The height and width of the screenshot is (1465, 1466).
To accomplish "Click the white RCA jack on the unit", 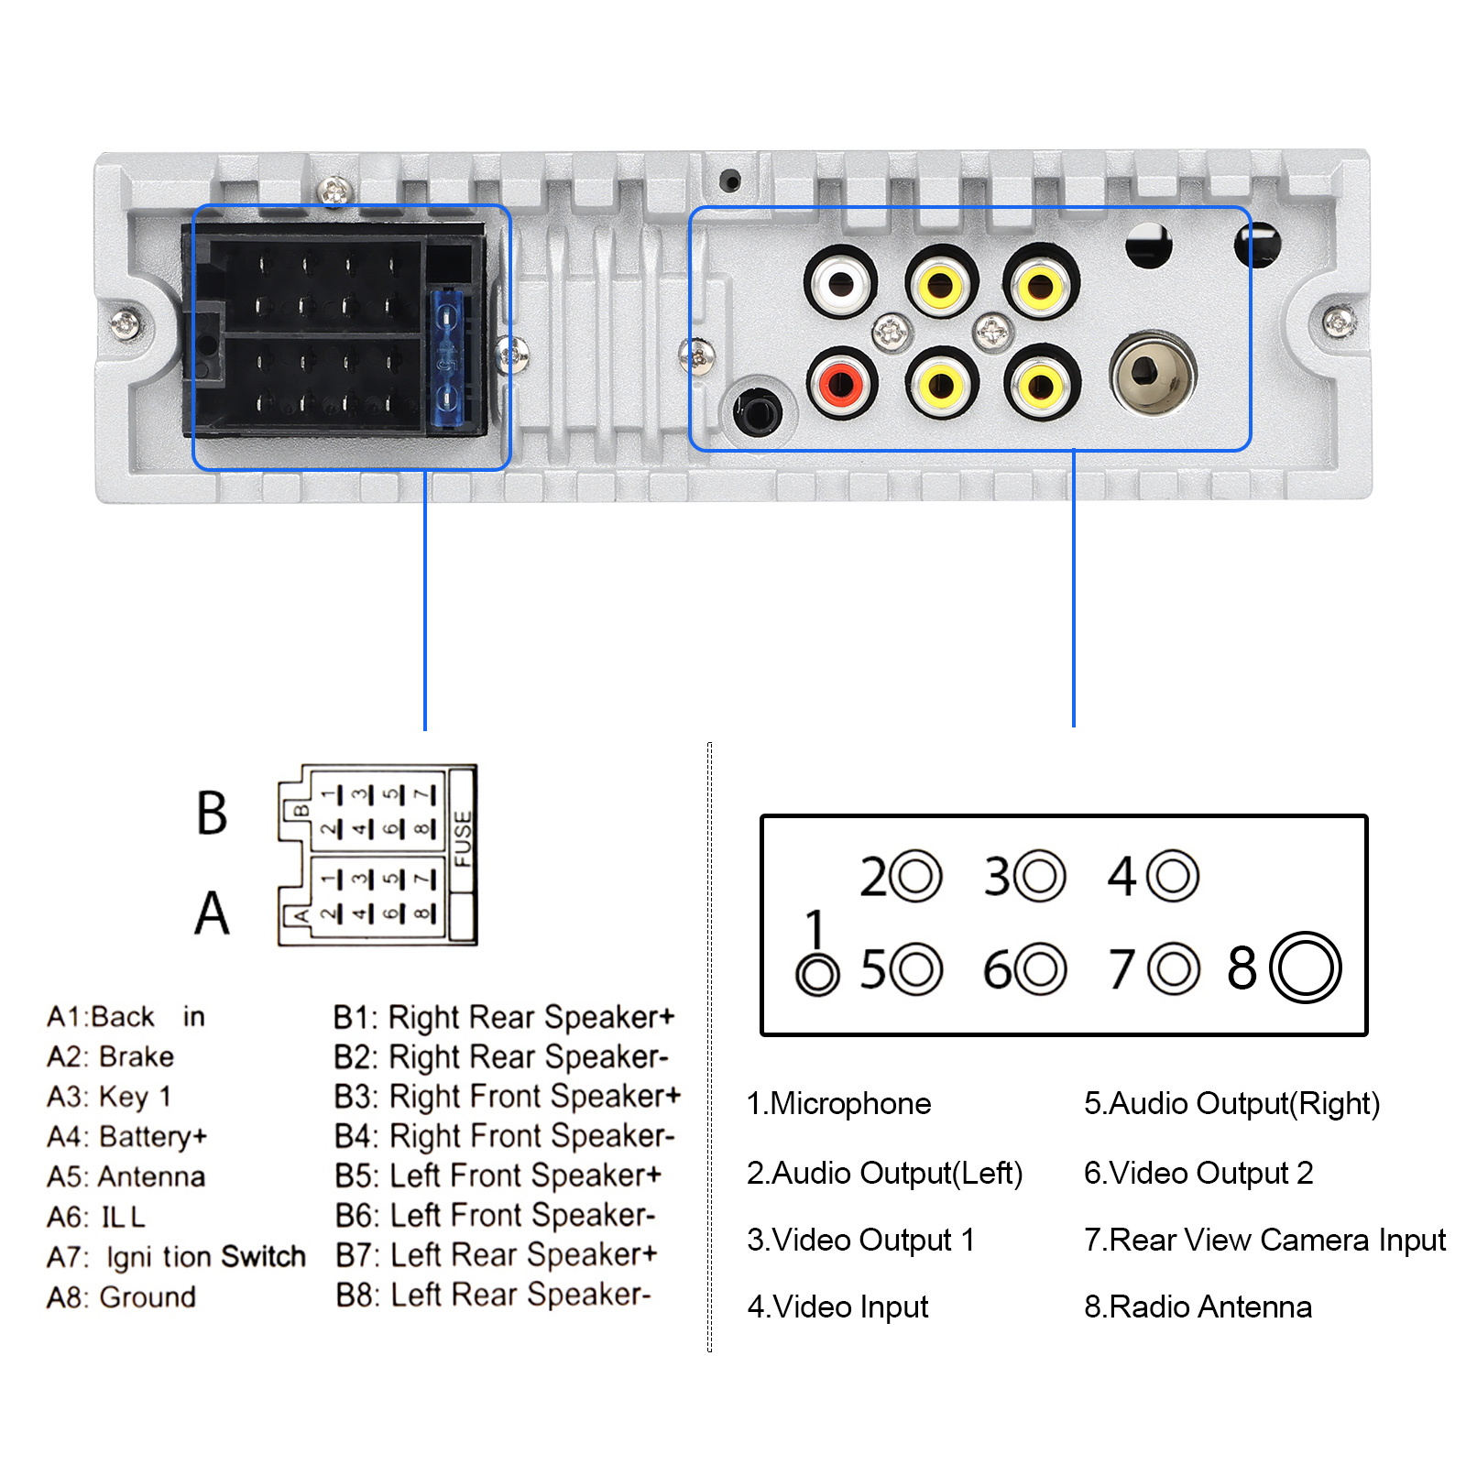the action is [840, 282].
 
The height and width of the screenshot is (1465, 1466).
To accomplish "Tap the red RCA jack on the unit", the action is [842, 382].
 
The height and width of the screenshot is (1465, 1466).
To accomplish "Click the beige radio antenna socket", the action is [1153, 373].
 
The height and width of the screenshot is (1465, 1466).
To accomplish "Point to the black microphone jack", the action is [758, 410].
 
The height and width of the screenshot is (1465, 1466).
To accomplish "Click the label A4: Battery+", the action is [126, 1136].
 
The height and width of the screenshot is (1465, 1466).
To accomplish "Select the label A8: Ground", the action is [121, 1296].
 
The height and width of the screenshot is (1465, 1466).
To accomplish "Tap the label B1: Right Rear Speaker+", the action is [504, 1017].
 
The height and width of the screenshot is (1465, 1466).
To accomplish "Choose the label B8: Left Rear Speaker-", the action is [493, 1295].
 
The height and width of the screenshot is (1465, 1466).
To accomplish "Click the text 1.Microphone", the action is [838, 1104].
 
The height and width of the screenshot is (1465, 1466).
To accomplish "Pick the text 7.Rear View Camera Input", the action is [1264, 1240].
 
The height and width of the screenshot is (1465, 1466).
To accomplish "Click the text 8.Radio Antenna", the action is [1198, 1306].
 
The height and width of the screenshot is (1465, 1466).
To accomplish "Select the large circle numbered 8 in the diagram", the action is [1306, 968].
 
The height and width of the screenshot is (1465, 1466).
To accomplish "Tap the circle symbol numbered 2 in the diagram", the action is [915, 877].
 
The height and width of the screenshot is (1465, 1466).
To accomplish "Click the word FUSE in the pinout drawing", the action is [462, 837].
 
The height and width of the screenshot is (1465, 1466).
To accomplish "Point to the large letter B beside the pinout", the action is [212, 812].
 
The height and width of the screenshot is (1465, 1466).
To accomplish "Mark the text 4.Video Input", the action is [837, 1306].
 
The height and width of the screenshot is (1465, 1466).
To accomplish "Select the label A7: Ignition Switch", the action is [176, 1257].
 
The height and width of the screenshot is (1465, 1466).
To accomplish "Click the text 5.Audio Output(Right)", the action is [1231, 1104].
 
